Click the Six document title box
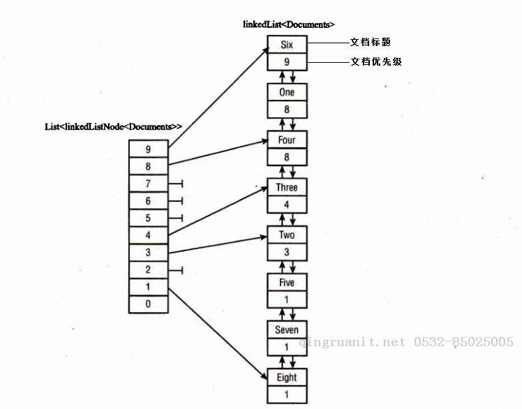click(287, 44)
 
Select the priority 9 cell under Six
click(287, 61)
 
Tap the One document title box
click(287, 92)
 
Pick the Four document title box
click(287, 140)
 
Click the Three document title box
click(287, 187)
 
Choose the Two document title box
click(287, 235)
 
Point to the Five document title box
click(287, 283)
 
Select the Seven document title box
click(287, 329)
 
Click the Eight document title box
click(287, 378)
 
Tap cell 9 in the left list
click(149, 149)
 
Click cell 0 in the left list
click(149, 304)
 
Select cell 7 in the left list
click(149, 184)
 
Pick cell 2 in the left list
click(149, 270)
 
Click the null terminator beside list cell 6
click(176, 201)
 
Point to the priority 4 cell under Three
click(287, 204)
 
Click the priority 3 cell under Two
click(287, 252)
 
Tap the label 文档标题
click(370, 42)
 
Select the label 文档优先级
click(376, 61)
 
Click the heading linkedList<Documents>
click(289, 24)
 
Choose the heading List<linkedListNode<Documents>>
click(114, 126)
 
